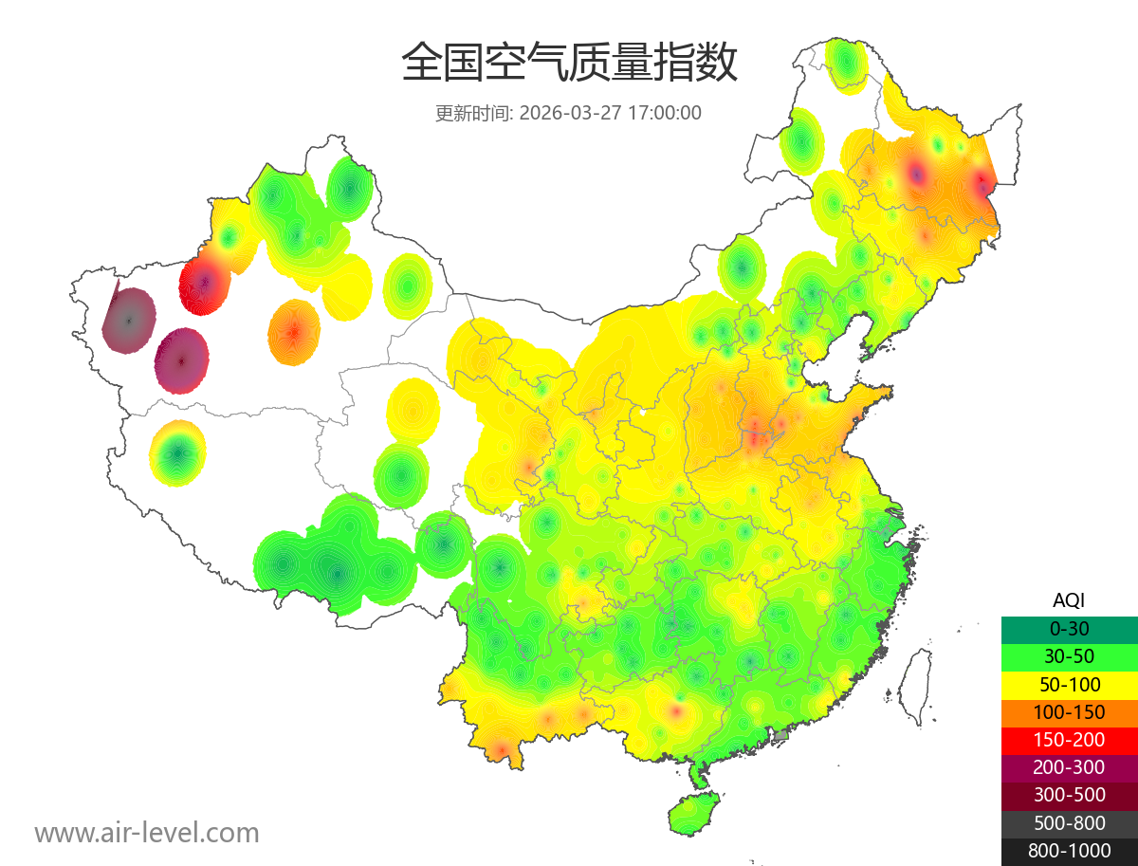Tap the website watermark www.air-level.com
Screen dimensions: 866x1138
coord(147,833)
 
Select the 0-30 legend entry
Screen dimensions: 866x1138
coord(1069,629)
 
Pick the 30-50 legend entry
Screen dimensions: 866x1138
coord(1069,656)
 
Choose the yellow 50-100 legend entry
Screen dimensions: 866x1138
coord(1069,684)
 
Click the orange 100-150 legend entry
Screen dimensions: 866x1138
coord(1069,711)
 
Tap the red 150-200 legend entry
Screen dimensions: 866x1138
coord(1069,739)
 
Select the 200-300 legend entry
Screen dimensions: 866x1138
coord(1069,766)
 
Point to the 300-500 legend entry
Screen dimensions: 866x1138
coord(1069,795)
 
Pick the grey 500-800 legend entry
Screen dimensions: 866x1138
coord(1069,822)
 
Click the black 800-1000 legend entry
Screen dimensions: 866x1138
coord(1069,850)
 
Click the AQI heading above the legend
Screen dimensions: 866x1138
coord(1069,599)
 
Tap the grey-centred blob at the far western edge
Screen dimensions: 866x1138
coord(130,321)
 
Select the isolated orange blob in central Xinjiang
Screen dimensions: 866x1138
coord(294,333)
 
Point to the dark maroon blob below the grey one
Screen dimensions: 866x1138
coord(181,361)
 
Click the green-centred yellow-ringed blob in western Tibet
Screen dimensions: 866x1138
coord(177,453)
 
